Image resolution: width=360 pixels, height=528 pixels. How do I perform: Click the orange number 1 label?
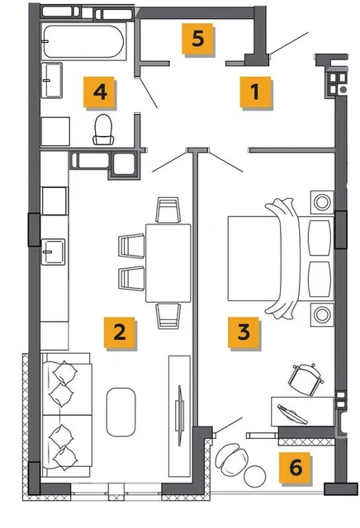point(255,92)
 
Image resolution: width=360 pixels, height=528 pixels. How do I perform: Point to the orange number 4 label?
point(99,92)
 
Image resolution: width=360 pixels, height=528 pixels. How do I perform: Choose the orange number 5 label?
point(197,39)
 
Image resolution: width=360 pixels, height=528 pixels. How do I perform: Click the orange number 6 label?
point(295,468)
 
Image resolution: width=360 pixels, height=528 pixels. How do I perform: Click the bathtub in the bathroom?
point(83,41)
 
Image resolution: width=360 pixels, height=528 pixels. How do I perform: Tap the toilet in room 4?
point(103,130)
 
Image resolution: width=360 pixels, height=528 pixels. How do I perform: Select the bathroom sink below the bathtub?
point(51,81)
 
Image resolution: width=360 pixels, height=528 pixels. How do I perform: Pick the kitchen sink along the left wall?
point(54,252)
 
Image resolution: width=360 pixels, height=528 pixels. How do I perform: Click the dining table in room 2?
point(168,263)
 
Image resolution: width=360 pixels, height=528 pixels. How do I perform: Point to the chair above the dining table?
point(168,210)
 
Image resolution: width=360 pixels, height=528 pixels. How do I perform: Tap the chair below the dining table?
point(168,316)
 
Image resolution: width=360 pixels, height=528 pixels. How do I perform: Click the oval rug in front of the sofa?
point(121,412)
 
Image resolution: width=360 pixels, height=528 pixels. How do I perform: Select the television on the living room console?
point(180,415)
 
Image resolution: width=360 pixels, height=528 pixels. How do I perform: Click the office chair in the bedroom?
point(306,379)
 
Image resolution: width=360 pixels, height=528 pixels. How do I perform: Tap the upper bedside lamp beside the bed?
point(322,202)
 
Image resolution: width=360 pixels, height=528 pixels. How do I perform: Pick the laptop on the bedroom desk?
point(292,414)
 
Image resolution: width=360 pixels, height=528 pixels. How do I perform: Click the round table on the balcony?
point(255,476)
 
